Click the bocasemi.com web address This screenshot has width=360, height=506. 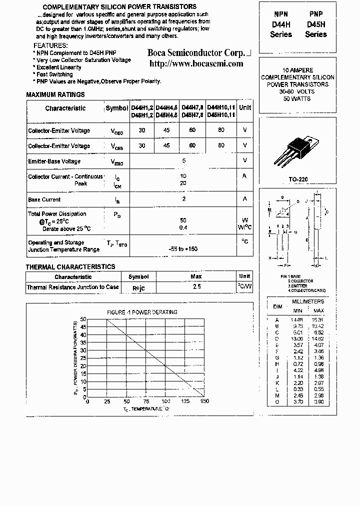[196, 63]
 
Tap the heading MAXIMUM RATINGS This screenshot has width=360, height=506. [55, 94]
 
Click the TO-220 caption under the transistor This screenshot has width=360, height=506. [297, 179]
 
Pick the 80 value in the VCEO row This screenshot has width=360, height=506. [221, 130]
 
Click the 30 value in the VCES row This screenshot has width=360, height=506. [142, 145]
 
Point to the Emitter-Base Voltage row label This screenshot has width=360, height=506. [54, 161]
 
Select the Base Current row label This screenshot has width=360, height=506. [44, 199]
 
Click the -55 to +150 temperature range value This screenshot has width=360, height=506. [183, 248]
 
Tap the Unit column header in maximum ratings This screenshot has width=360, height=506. [245, 107]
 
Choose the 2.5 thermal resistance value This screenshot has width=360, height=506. [196, 287]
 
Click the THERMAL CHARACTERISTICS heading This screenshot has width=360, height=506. [70, 267]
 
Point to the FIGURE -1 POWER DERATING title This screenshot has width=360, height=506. [142, 312]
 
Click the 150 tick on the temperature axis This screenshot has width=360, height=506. [204, 401]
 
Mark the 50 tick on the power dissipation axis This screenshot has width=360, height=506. [83, 318]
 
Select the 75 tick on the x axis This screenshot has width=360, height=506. [145, 401]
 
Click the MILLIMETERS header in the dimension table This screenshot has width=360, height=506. [308, 301]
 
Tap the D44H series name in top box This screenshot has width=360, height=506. [280, 24]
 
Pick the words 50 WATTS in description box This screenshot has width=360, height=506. [297, 98]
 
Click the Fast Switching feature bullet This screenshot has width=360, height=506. [55, 74]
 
